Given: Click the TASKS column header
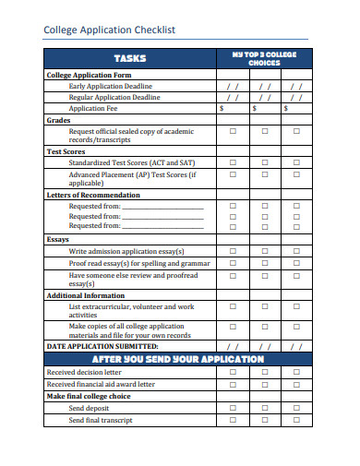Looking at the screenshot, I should pos(129,59).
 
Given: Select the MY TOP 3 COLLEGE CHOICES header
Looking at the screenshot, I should pos(264,59).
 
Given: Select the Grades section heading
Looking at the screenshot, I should pos(58,120).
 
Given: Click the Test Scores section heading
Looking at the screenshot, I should pos(66,150).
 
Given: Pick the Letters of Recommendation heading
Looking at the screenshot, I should pos(93,195).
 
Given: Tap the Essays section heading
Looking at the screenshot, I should pos(58,239).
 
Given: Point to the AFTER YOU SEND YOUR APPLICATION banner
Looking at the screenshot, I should pos(178,359).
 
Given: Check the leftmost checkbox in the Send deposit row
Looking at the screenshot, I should pos(233,408).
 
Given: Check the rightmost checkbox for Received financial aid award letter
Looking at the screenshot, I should pos(296,384).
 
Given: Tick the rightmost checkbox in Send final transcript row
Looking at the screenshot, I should pos(296,420).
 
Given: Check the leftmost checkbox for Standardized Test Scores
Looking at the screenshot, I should pos(233,162).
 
